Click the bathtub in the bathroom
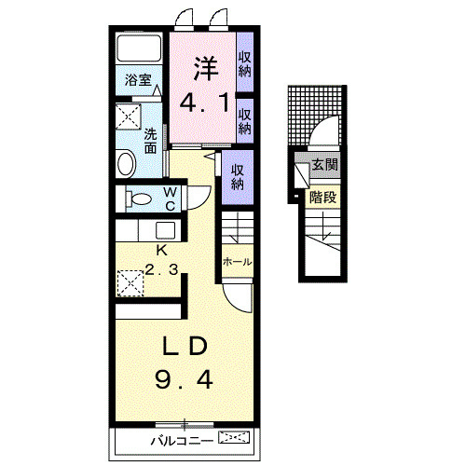tap(139, 48)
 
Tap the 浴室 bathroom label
tap(138, 80)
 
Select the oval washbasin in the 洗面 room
tap(126, 163)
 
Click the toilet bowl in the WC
tap(139, 199)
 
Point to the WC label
tap(171, 199)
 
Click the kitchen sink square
tap(165, 230)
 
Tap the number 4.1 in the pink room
tap(204, 103)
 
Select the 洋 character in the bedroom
tap(206, 69)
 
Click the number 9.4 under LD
tap(184, 380)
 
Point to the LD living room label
tap(185, 346)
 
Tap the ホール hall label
tap(238, 262)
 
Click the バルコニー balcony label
tap(182, 441)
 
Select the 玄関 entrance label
tap(324, 164)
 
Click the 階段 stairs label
tap(322, 197)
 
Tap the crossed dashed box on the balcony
tap(234, 437)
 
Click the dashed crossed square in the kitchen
tap(130, 283)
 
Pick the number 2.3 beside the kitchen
tap(161, 269)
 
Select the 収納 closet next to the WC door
tap(238, 177)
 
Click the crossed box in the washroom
tap(129, 116)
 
